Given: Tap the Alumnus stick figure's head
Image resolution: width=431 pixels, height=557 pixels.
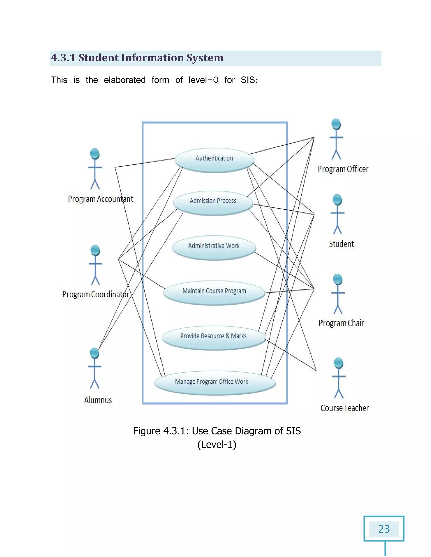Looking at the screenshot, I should click(x=94, y=353).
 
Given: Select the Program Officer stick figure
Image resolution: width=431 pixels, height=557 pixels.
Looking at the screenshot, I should click(x=336, y=139).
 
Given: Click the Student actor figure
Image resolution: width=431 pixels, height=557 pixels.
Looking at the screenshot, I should click(x=337, y=214).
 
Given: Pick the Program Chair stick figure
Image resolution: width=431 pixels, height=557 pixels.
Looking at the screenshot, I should click(x=338, y=294).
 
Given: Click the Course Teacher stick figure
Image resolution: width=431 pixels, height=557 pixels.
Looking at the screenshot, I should click(x=339, y=378).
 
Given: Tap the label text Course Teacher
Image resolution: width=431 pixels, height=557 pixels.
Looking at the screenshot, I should click(x=345, y=408).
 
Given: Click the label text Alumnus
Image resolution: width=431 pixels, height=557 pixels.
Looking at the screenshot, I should click(x=98, y=400).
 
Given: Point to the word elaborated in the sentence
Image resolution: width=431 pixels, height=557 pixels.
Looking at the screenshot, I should click(x=125, y=80).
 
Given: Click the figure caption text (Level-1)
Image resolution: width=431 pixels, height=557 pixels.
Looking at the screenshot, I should click(x=217, y=445).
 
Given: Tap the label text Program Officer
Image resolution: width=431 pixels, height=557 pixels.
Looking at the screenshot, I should click(x=343, y=169).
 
